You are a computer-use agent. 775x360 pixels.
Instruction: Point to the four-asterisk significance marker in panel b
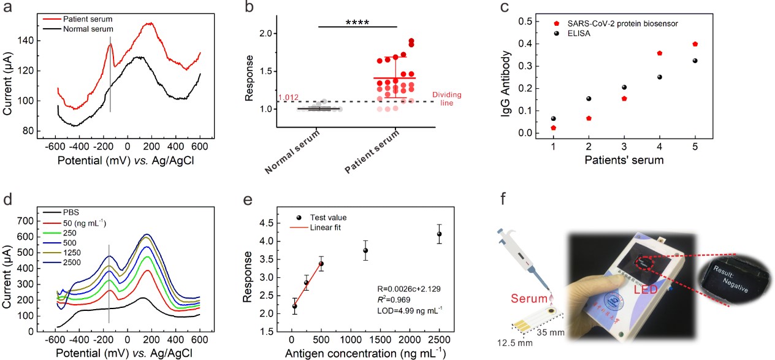(x=357, y=23)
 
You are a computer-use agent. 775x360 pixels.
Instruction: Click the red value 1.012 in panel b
(x=288, y=98)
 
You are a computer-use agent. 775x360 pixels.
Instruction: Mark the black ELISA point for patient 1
(x=554, y=118)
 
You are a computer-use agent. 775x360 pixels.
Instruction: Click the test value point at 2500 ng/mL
(x=439, y=234)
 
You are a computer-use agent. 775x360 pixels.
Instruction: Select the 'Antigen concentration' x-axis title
(x=365, y=353)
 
